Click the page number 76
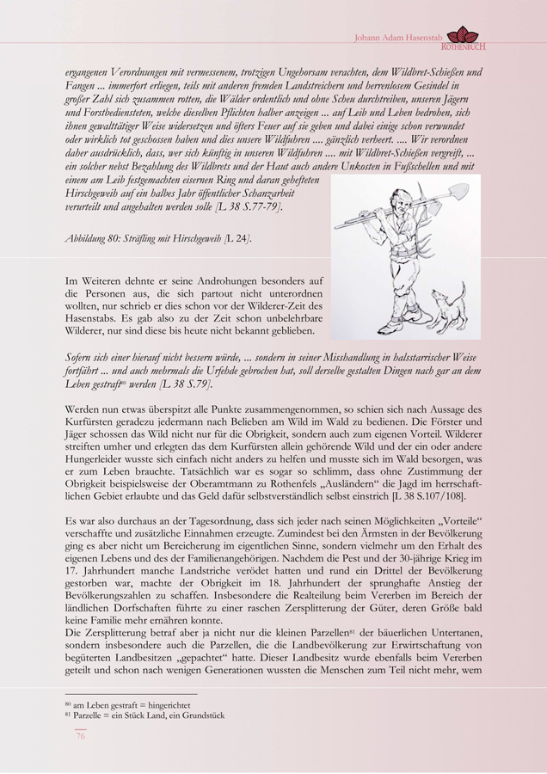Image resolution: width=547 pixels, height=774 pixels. click(x=80, y=735)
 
